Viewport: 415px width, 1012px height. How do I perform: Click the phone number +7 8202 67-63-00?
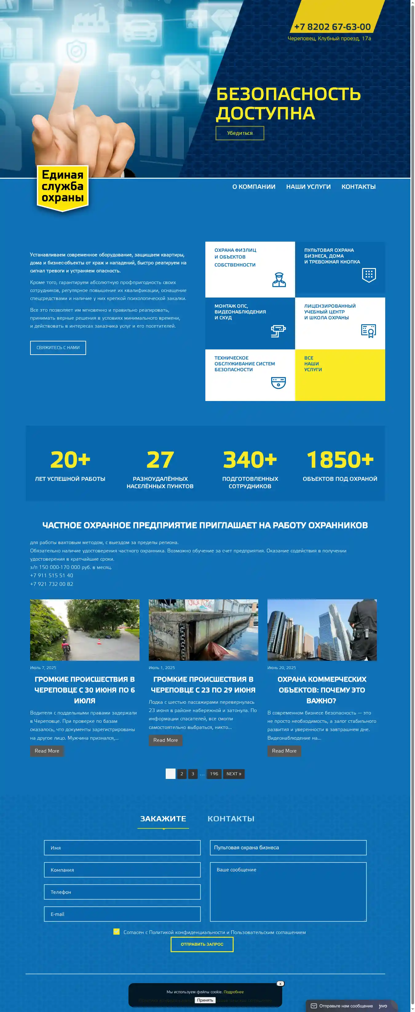pos(332,27)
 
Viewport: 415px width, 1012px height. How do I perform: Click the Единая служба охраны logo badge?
pos(62,187)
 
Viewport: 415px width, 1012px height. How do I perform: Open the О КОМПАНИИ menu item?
pos(254,187)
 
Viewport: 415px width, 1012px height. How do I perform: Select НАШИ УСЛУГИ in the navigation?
pos(308,187)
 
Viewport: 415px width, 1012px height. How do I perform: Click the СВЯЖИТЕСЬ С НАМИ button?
pos(58,348)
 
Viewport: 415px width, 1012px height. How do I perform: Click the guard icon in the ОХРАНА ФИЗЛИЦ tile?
pos(279,280)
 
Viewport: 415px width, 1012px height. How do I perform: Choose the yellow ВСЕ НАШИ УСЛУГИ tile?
pos(340,375)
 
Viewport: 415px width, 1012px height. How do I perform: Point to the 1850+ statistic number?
pos(340,459)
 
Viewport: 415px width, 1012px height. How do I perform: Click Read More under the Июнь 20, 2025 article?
pos(284,751)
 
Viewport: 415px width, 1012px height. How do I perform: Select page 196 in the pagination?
pos(214,773)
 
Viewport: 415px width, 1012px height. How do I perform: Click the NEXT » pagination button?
pos(234,773)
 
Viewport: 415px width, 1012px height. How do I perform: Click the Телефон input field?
pos(122,892)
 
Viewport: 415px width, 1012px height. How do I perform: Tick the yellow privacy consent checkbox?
pos(117,932)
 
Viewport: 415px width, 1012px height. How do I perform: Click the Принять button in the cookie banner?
pos(205,1000)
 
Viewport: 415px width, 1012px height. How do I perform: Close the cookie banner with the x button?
pos(280,983)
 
